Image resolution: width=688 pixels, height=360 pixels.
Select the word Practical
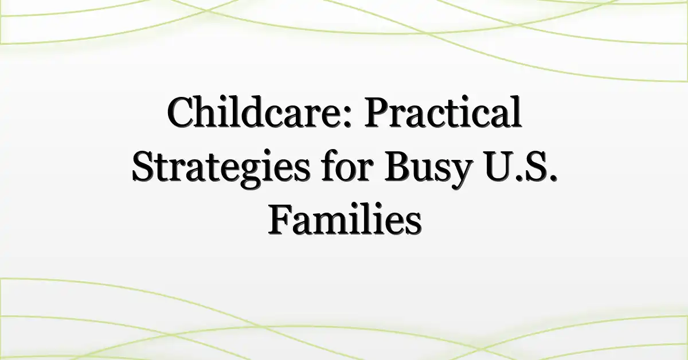click(x=443, y=112)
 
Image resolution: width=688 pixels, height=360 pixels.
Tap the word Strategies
click(x=221, y=169)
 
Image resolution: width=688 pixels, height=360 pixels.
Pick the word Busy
click(x=428, y=169)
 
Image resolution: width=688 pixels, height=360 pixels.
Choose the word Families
click(x=345, y=219)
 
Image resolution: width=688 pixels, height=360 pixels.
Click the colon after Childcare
click(x=346, y=117)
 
